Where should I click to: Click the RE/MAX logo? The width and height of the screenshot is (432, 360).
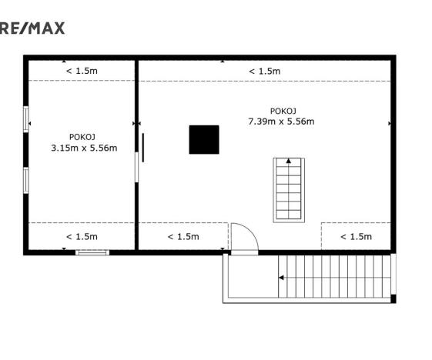coord(32,28)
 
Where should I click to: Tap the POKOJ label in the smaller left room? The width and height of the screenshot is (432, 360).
coord(83,136)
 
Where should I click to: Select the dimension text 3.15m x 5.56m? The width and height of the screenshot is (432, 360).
coord(83,148)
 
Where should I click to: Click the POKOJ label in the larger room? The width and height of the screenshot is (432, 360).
coord(283,110)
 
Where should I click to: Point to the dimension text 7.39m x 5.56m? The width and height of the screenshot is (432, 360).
coord(281,122)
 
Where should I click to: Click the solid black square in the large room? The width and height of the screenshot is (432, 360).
coord(204,139)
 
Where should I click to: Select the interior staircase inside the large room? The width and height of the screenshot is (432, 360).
coord(288,189)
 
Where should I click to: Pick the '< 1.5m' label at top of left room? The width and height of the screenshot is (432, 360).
coord(82,71)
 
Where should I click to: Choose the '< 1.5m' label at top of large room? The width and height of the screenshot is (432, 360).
coord(264,71)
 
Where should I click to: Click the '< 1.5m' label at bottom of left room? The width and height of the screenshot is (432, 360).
coord(82,236)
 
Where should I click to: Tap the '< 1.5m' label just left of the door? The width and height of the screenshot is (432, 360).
coord(183,236)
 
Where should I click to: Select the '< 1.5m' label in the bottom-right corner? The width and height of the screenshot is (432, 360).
coord(356,236)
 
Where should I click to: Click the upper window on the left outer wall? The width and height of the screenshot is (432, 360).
coord(26,119)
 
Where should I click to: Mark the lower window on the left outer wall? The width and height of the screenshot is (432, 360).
coord(26,179)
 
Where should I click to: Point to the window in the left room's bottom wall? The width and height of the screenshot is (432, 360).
coord(93,252)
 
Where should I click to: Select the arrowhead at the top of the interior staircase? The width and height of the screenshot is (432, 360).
coord(288,161)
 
